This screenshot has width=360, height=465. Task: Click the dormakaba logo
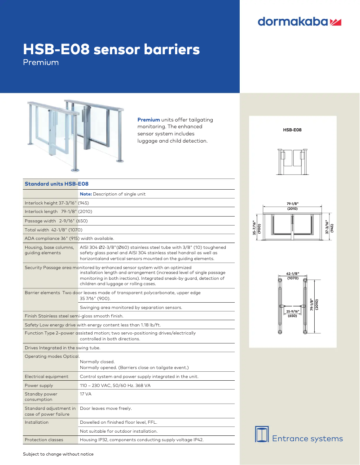[300, 22]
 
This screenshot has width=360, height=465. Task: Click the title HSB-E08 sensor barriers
[111, 49]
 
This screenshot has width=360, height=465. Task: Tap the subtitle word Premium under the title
[41, 62]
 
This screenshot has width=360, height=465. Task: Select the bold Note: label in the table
[86, 194]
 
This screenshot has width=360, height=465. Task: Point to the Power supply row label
[39, 386]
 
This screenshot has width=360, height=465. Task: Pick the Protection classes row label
[44, 440]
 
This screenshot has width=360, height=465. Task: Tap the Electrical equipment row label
[47, 377]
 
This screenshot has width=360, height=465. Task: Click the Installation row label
[36, 422]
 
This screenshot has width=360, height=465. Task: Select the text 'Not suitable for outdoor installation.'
[119, 431]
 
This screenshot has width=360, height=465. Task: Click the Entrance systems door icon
[262, 434]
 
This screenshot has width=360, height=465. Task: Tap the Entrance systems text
[307, 439]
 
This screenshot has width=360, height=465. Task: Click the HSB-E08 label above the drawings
[292, 130]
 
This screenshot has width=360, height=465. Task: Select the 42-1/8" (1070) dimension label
[293, 276]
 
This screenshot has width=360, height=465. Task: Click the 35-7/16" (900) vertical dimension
[256, 228]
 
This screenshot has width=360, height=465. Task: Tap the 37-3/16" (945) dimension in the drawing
[329, 228]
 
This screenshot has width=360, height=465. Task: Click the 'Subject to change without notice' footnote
[58, 454]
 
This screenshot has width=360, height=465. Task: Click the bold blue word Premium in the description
[149, 120]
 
